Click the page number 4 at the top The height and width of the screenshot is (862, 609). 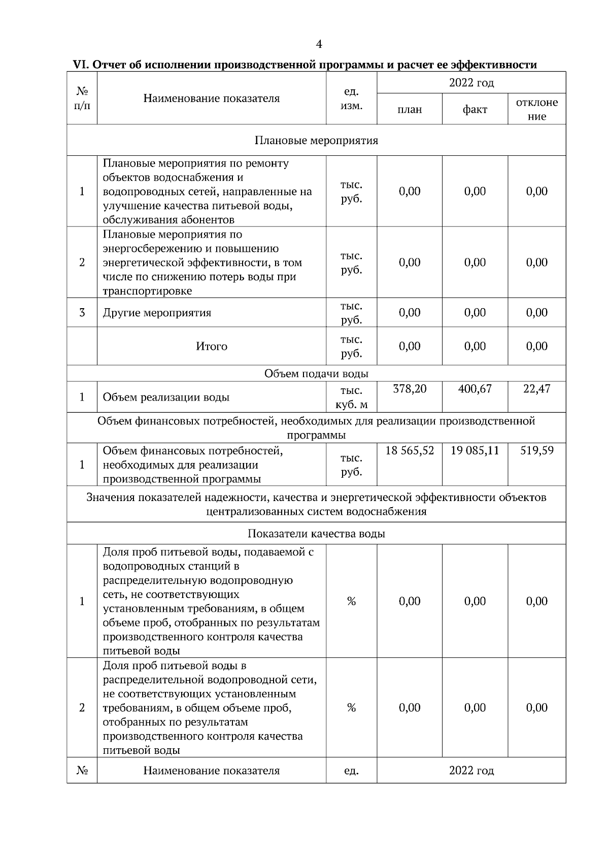click(319, 45)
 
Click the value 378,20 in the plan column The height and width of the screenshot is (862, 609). click(410, 389)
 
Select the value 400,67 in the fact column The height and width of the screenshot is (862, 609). click(475, 389)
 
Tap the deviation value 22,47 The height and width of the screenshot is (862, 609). click(536, 389)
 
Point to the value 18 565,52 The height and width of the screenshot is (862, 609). click(410, 451)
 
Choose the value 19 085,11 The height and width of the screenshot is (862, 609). click(475, 451)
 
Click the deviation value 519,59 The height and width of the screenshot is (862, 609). click(536, 451)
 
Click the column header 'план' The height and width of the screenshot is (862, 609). click(410, 109)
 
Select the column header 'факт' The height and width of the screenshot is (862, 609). click(475, 109)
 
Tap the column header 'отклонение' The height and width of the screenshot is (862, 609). click(536, 109)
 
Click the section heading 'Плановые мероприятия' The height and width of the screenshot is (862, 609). click(316, 140)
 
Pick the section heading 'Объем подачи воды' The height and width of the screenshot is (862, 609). click(316, 374)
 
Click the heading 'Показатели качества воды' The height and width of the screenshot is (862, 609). click(316, 534)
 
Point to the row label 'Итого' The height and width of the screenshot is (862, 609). click(212, 346)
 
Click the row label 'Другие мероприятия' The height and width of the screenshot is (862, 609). click(157, 313)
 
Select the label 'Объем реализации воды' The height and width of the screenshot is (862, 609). click(166, 397)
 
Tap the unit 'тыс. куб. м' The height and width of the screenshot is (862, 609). click(351, 397)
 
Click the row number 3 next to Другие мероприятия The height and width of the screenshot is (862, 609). click(82, 313)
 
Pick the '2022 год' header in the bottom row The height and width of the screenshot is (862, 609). click(471, 771)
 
